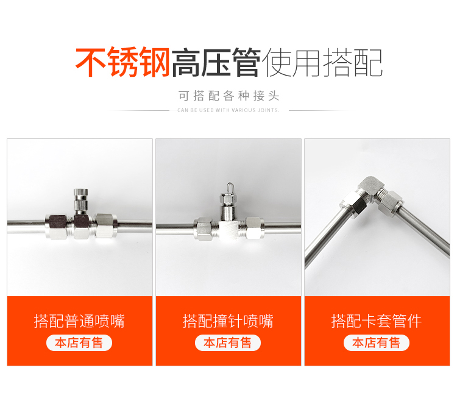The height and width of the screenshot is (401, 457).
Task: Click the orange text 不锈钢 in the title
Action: coord(122,62)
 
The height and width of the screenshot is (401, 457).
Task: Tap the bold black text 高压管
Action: coord(216,62)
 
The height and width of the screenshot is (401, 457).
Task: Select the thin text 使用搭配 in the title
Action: coord(322,62)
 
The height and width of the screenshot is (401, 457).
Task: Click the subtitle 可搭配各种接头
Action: coord(228,96)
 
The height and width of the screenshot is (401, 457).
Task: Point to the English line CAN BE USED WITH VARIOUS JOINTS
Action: coord(228,110)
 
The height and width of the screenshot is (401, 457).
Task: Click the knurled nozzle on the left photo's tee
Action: coord(80,200)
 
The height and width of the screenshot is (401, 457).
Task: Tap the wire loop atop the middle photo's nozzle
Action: coord(230,188)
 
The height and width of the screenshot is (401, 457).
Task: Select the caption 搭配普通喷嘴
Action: coord(79,321)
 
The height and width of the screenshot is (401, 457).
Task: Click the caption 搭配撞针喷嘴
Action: coord(228,321)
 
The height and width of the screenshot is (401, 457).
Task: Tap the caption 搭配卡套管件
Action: coord(377,321)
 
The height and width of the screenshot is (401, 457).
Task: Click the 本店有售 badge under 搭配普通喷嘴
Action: coord(79,342)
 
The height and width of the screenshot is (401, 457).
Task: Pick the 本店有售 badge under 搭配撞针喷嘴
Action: coord(228,342)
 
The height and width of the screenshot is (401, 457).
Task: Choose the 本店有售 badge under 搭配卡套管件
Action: coord(377,342)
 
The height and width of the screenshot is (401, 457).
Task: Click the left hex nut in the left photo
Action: coord(57,227)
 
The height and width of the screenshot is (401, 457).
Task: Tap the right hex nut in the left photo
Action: coord(107,226)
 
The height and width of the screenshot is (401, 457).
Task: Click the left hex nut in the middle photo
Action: coord(204,229)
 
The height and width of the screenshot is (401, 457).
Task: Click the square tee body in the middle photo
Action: coord(229,230)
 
